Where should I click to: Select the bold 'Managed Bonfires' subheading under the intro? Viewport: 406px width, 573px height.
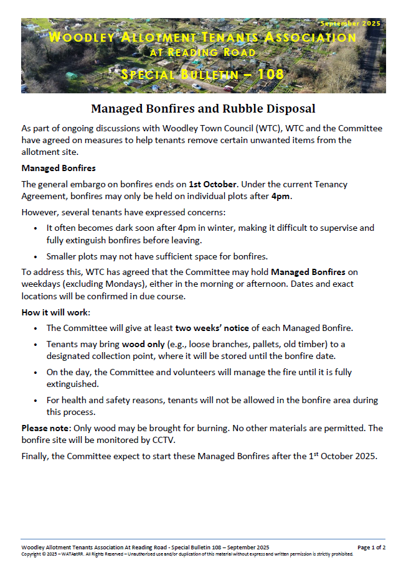(x=59, y=168)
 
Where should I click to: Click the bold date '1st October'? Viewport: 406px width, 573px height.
(x=213, y=184)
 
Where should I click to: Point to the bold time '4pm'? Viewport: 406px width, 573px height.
(x=280, y=197)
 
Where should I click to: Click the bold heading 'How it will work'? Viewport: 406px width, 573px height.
(x=55, y=312)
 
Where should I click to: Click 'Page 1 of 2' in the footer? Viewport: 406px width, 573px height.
(x=371, y=547)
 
